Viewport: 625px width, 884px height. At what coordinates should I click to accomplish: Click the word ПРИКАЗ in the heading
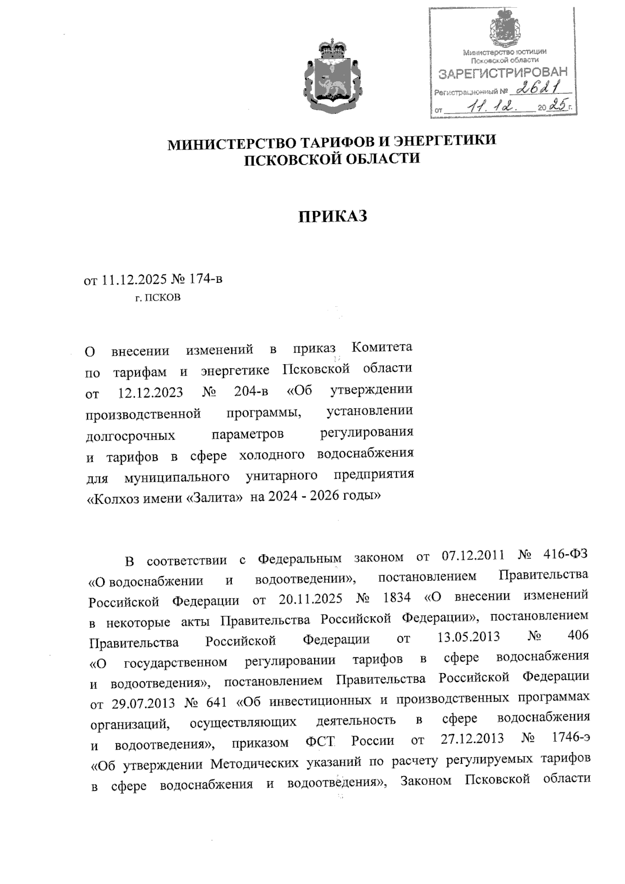click(x=332, y=215)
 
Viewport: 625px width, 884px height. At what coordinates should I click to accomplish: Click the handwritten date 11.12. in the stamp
click(x=490, y=107)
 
